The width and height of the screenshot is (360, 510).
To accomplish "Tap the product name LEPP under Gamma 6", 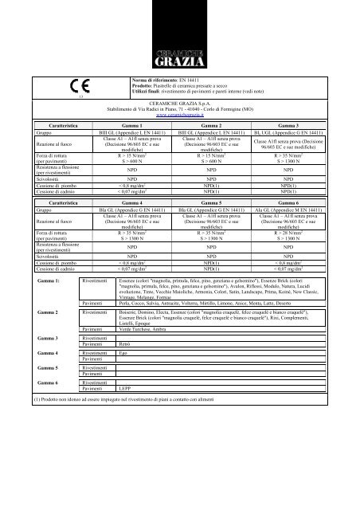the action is [125, 411].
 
